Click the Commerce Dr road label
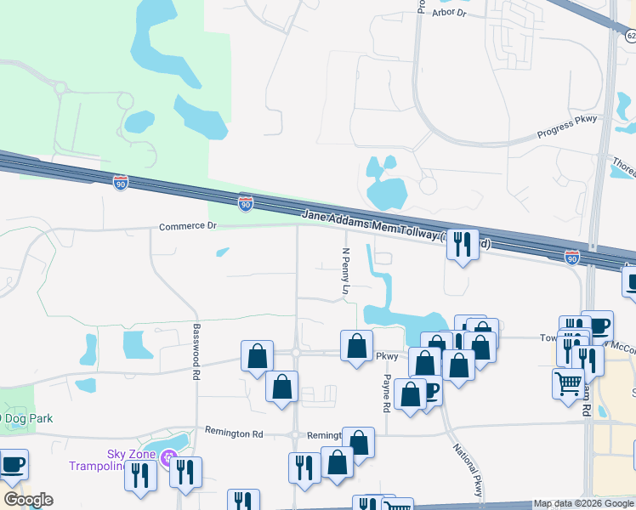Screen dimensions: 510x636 pos(188,226)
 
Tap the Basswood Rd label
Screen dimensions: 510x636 pos(196,352)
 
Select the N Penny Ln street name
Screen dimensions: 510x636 pos(346,272)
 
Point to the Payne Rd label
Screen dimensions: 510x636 pos(387,394)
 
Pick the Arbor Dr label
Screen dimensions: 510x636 pos(451,13)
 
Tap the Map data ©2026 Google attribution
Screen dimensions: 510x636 pos(583,503)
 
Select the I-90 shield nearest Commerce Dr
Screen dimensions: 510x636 pos(245,202)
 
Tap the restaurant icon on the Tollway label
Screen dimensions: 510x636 pos(462,244)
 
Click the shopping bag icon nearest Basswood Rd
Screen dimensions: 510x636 pos(257,355)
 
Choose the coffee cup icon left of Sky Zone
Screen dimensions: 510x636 pos(13,464)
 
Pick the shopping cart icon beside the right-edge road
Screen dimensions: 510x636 pos(567,382)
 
